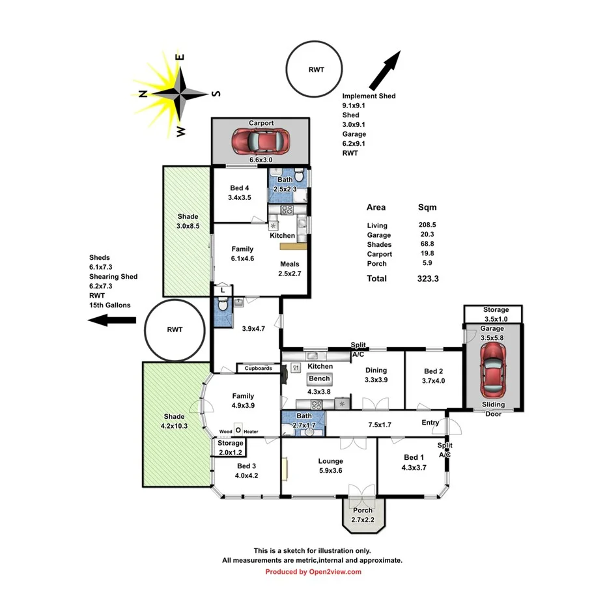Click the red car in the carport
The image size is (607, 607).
point(260,139)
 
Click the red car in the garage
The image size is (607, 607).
point(492,369)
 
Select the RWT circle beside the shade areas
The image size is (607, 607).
point(174,330)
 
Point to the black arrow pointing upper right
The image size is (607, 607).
point(385,71)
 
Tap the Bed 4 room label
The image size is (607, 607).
point(240,188)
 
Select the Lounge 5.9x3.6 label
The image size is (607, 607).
point(331,466)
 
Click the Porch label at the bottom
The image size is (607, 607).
point(363,510)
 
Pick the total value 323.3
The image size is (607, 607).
point(427,279)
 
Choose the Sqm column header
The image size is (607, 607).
point(427,208)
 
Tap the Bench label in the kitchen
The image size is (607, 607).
point(319,379)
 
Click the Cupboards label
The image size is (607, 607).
point(258,368)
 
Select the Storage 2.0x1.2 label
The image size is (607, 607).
point(230,448)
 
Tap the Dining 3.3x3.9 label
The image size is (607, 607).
point(376,374)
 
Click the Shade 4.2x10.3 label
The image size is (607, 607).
point(174,421)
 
